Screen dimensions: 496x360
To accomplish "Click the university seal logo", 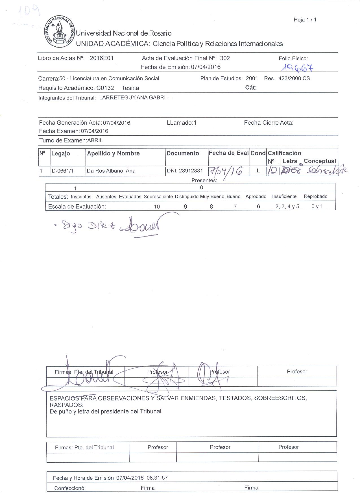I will [59, 32].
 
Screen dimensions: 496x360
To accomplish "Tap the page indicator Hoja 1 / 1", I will [305, 20].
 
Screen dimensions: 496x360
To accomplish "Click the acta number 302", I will [225, 58].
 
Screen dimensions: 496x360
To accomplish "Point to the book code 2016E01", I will [101, 58].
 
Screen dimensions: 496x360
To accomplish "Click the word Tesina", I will [130, 88].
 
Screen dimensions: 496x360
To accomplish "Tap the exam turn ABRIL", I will [95, 140].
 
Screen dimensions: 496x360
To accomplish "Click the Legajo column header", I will [60, 153].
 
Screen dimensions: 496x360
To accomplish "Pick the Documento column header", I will [183, 153].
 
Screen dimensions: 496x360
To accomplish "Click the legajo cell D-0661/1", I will [62, 171].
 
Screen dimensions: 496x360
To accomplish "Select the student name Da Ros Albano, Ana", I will [111, 171].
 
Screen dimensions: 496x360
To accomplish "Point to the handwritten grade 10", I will [272, 171].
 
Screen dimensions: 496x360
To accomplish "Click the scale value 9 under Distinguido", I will [185, 207].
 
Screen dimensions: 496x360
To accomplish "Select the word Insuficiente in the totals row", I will [284, 196].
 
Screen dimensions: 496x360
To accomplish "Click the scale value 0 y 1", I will [317, 207].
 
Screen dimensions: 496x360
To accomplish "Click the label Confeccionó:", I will [70, 488].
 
